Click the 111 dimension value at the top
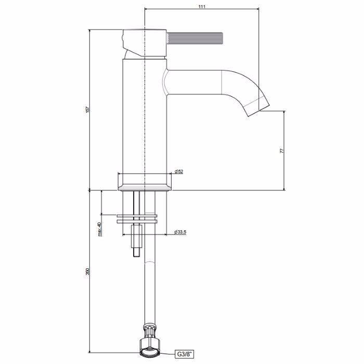202,6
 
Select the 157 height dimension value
87,110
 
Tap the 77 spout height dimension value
282,151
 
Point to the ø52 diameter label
179,172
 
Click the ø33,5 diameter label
180,232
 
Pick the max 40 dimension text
99,229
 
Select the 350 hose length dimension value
87,271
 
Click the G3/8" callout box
185,355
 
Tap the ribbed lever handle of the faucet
195,38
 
